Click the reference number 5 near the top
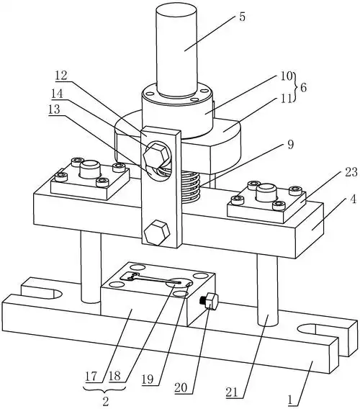242,17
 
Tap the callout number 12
61,76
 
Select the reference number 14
58,94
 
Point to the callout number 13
54,110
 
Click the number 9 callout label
291,144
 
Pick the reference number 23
351,172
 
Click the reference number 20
181,388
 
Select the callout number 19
148,379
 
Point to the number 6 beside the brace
303,88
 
